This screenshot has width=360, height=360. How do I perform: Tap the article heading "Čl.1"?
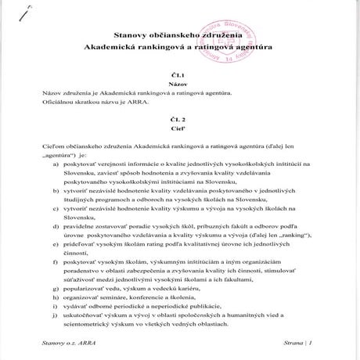click(180, 73)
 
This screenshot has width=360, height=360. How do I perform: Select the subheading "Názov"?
click(180, 82)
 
